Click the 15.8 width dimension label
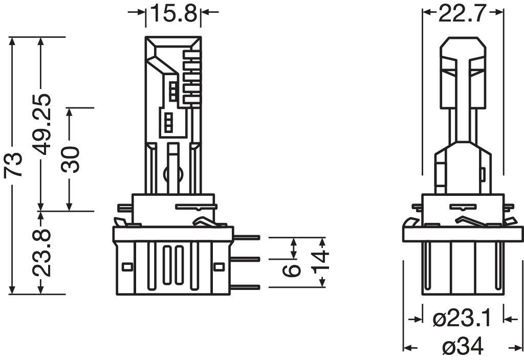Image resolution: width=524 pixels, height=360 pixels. tap(172, 14)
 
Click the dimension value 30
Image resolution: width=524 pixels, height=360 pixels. tap(72, 159)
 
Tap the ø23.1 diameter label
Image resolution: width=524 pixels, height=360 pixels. tap(462, 320)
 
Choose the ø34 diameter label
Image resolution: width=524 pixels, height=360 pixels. tap(462, 348)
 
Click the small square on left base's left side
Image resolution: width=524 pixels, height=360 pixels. tap(126, 266)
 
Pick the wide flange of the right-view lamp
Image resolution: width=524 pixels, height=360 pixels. tap(463, 233)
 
